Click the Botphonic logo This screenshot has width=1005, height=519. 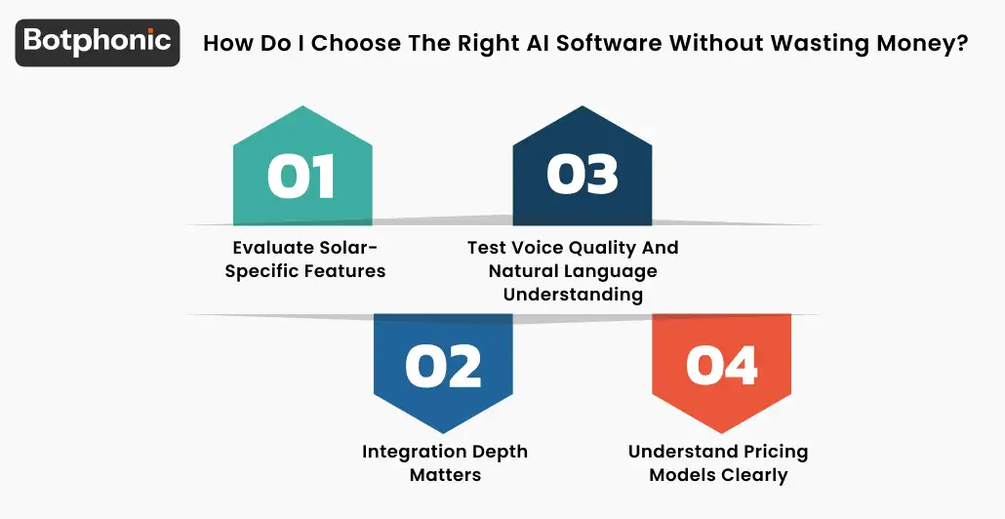[x=98, y=42]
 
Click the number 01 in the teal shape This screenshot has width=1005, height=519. [x=301, y=176]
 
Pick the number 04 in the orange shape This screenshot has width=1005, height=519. [x=722, y=366]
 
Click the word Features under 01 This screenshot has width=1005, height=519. [x=346, y=271]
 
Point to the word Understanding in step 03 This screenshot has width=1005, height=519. [x=573, y=295]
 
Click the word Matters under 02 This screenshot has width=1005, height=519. [x=445, y=475]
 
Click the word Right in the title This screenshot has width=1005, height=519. [x=483, y=43]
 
